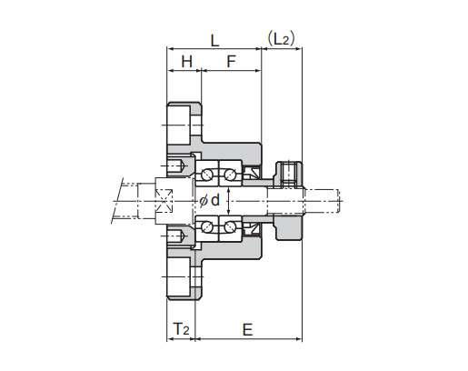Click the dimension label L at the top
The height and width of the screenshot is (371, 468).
click(214, 41)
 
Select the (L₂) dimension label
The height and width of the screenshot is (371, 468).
click(281, 39)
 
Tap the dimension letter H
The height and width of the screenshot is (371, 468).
click(186, 62)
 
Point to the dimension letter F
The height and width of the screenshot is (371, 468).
click(231, 62)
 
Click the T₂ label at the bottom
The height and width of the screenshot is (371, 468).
click(181, 328)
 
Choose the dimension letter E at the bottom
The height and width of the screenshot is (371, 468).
click(247, 329)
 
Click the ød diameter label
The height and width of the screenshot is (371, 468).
click(209, 200)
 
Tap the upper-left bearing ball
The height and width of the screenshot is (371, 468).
click(207, 175)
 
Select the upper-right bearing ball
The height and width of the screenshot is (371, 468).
click(230, 175)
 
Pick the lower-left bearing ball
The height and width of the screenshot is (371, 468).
click(207, 226)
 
